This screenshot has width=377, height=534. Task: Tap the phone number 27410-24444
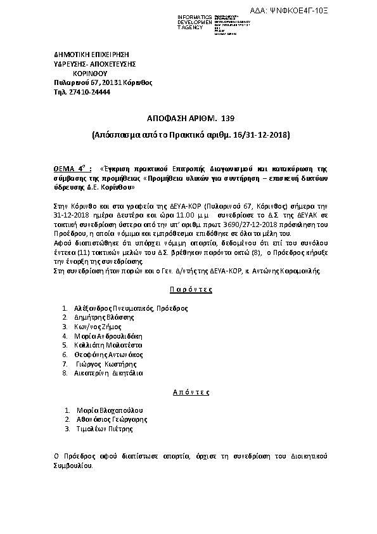89,92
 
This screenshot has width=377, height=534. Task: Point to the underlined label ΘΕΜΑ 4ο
69,170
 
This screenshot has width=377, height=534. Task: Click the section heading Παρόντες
190,289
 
